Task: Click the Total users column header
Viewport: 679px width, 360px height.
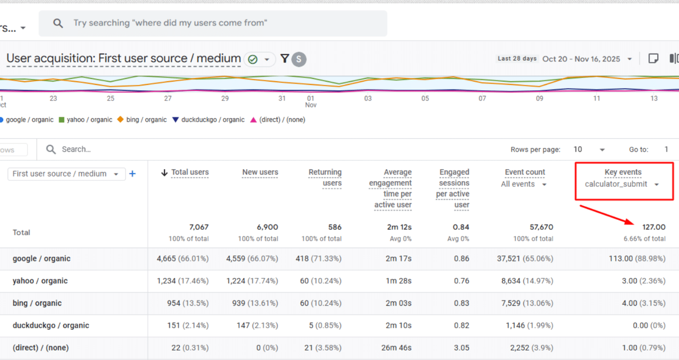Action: tap(190, 172)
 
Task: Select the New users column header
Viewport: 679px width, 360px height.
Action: tap(260, 172)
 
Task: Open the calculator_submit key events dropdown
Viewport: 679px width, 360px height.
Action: tap(622, 184)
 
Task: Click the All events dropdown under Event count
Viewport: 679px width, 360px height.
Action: tap(523, 184)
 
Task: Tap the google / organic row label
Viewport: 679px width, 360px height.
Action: tap(41, 259)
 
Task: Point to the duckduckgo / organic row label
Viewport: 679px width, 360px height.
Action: tap(51, 326)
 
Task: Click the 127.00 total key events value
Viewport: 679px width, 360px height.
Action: tap(654, 227)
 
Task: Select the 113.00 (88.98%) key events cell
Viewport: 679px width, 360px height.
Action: tap(637, 259)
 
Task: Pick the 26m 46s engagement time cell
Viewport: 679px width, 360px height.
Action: tap(396, 348)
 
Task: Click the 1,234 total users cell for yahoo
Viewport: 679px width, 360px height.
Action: tap(166, 281)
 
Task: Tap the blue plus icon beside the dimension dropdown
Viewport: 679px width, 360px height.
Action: tap(132, 174)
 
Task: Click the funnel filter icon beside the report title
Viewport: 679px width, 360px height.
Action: tap(285, 59)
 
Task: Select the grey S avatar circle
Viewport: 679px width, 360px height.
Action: tap(299, 59)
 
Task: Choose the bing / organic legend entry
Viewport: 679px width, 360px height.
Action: tap(142, 120)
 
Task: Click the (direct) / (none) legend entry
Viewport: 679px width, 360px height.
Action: tap(278, 120)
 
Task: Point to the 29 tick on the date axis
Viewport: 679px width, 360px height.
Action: tap(225, 99)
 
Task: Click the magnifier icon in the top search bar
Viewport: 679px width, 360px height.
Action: tap(58, 23)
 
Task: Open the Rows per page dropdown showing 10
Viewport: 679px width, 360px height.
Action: tap(588, 150)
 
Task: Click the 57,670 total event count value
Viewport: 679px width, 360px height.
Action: tap(541, 227)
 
